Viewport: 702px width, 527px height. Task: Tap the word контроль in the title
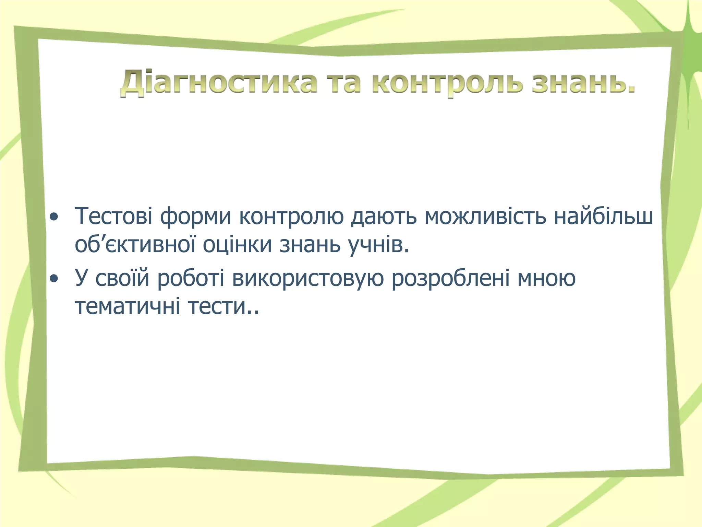pyautogui.click(x=447, y=83)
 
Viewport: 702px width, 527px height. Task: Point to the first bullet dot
pyautogui.click(x=54, y=217)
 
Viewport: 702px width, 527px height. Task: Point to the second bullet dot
pyautogui.click(x=54, y=279)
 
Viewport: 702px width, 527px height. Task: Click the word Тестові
pyautogui.click(x=113, y=216)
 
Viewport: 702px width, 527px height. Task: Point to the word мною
pyautogui.click(x=546, y=279)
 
